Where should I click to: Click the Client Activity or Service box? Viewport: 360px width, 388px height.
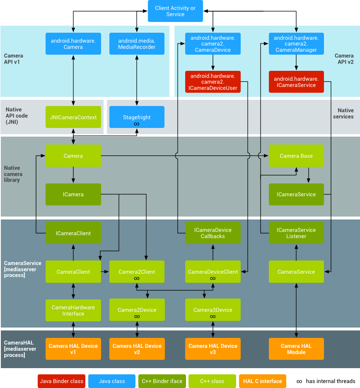click(x=181, y=11)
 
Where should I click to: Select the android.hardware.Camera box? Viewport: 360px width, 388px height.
click(x=73, y=44)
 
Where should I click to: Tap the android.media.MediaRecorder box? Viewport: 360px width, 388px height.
click(x=137, y=44)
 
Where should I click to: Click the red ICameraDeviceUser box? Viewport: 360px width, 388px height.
click(x=213, y=82)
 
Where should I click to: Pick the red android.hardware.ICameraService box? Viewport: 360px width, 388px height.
click(x=296, y=82)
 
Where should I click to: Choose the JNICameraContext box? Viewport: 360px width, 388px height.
click(x=73, y=117)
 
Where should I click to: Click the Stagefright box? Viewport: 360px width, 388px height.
click(x=137, y=117)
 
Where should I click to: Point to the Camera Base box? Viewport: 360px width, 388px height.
click(x=296, y=156)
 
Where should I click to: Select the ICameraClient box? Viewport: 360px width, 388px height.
click(x=73, y=233)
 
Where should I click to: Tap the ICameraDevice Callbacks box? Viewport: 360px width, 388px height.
click(x=213, y=233)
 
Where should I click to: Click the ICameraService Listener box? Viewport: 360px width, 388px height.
click(x=296, y=233)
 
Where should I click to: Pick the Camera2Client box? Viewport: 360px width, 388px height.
click(x=137, y=272)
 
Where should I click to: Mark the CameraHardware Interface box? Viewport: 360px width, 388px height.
click(x=73, y=311)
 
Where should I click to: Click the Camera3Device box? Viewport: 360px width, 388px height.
click(x=213, y=311)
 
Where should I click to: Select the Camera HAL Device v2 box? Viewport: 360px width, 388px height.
click(x=137, y=349)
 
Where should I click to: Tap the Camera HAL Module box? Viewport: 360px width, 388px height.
click(x=296, y=349)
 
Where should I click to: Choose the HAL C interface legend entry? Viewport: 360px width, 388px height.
click(x=262, y=381)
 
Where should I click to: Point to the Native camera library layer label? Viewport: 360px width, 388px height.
click(x=14, y=174)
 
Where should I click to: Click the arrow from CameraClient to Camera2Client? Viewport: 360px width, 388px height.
click(x=105, y=272)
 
